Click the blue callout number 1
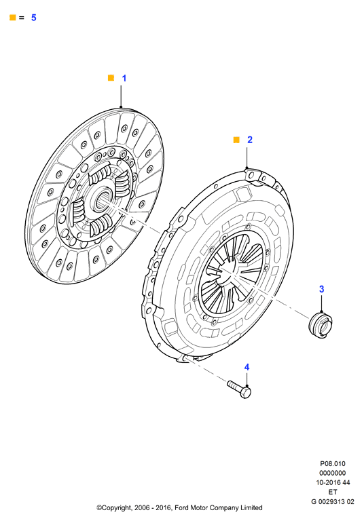pyautogui.click(x=124, y=79)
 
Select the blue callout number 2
pyautogui.click(x=250, y=140)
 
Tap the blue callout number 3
pyautogui.click(x=321, y=289)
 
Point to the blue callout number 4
pyautogui.click(x=247, y=367)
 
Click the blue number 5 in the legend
pyautogui.click(x=33, y=18)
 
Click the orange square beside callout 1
pyautogui.click(x=111, y=78)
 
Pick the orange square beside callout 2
pyautogui.click(x=236, y=140)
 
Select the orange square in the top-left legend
pyautogui.click(x=13, y=18)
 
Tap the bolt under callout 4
pyautogui.click(x=239, y=389)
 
